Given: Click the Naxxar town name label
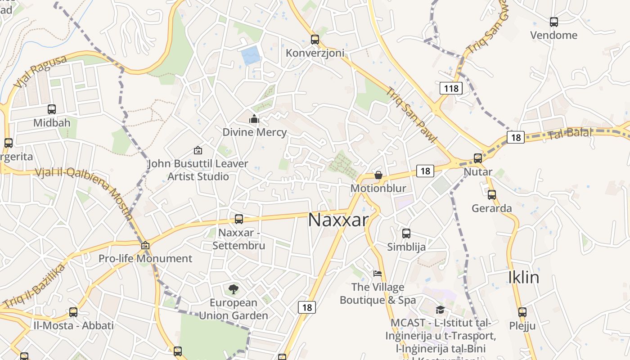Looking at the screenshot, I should [338, 220].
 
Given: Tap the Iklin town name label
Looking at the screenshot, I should [523, 277].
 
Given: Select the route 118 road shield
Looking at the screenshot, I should [451, 88].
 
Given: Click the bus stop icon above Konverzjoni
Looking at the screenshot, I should [315, 40].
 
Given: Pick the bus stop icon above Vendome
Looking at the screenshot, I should [554, 22].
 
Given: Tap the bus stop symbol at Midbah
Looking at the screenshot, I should [52, 109].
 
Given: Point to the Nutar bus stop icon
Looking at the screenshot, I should [478, 158].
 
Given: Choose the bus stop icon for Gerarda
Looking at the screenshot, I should [492, 195].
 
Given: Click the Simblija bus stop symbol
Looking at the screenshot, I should [406, 233].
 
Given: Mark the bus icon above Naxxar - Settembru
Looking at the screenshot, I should [239, 219].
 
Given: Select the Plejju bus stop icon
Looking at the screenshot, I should [522, 312].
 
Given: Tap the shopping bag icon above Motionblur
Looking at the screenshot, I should [378, 175].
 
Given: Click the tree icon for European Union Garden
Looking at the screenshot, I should [234, 289].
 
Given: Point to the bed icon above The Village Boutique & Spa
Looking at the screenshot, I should [378, 274].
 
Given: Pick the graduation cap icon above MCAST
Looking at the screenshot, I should [440, 310].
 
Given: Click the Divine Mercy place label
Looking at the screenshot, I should [255, 132].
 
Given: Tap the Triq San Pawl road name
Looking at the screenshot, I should [411, 115].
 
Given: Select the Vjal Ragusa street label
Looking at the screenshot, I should [40, 72].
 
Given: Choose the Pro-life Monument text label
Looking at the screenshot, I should [145, 259].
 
